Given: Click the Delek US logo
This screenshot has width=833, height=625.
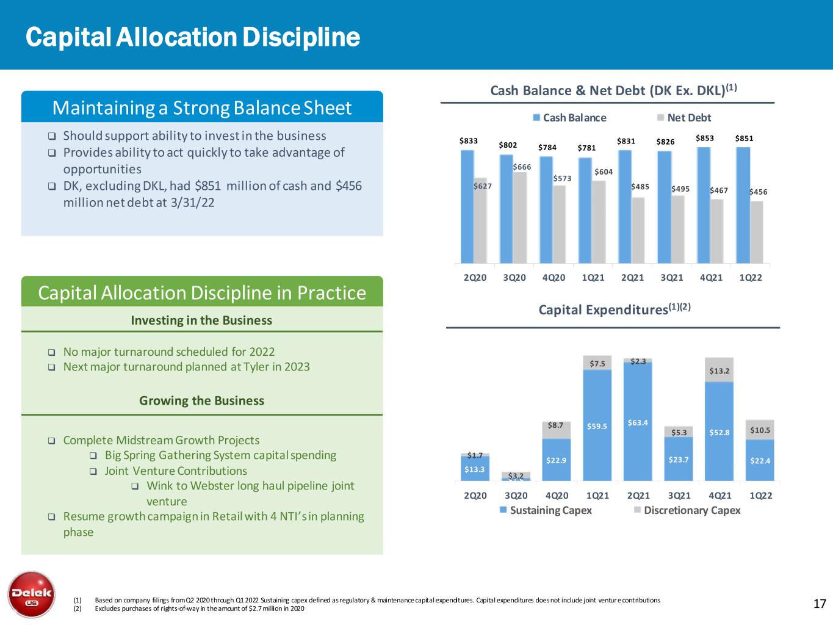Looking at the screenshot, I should click(x=31, y=594).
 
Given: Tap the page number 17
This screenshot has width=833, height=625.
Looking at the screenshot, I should click(x=820, y=604).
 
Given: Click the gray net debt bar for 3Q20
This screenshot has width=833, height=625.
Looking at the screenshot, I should click(x=519, y=217).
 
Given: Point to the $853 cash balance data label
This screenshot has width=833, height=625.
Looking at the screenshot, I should click(x=705, y=139).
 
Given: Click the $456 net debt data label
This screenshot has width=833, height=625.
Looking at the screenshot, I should click(x=758, y=192).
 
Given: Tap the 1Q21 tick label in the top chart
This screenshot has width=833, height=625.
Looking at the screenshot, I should click(x=593, y=278).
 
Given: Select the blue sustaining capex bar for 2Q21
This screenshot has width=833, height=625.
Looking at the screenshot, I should click(x=638, y=421).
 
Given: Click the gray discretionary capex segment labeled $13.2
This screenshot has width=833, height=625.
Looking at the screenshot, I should click(x=719, y=370).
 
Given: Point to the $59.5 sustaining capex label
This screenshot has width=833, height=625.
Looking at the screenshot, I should click(x=597, y=426).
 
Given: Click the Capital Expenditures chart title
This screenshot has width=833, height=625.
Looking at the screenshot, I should click(x=614, y=309).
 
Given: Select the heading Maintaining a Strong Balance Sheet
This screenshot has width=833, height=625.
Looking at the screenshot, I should click(x=202, y=108).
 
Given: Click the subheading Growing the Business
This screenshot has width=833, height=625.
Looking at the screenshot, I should click(x=201, y=400).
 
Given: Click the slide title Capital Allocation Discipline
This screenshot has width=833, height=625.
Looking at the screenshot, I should click(x=193, y=37).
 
